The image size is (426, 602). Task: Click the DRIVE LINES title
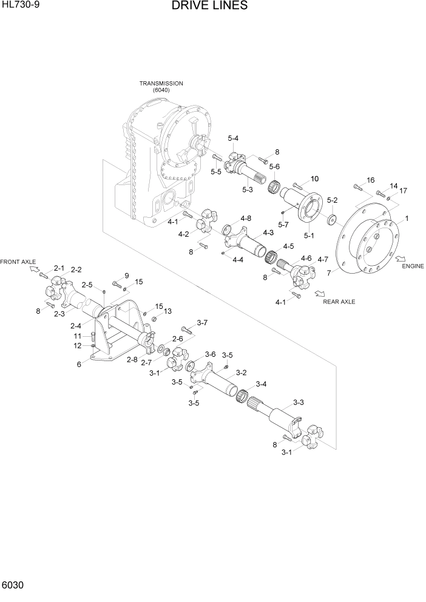tap(209, 6)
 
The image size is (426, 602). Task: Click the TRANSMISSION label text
tap(161, 83)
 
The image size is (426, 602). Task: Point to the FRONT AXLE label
tap(18, 262)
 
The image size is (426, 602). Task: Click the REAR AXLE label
tap(339, 302)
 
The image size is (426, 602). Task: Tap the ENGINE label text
tap(412, 266)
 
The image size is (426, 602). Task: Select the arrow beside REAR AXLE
tap(319, 294)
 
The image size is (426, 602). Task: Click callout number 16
tap(371, 180)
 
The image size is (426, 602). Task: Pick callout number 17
tap(403, 191)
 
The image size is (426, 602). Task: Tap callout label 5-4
tap(234, 139)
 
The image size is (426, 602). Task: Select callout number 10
tap(314, 178)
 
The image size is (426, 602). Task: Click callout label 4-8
tap(246, 218)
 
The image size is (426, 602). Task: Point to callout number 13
tap(167, 311)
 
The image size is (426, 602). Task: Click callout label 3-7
tap(202, 322)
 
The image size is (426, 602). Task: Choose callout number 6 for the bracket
tap(79, 364)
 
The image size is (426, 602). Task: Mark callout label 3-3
tap(298, 402)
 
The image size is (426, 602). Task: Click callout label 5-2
tap(332, 200)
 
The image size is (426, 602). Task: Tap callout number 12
tap(77, 346)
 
